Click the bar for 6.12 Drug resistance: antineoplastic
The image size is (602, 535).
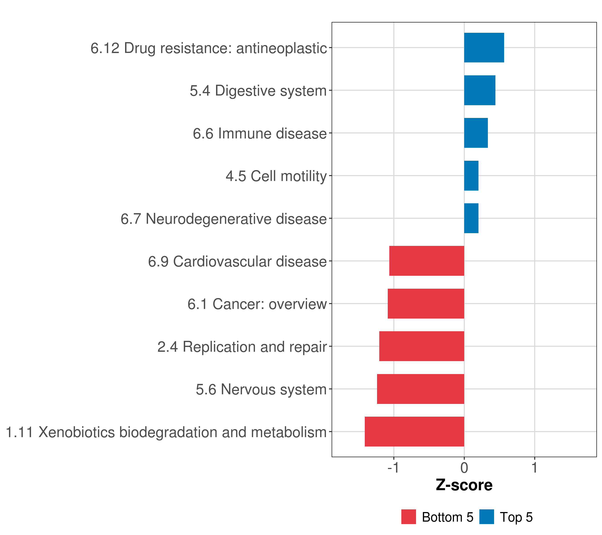(484, 47)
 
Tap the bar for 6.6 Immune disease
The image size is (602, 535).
(476, 133)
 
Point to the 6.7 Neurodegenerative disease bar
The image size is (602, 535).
(471, 218)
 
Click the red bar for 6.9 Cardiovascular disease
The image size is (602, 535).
(427, 261)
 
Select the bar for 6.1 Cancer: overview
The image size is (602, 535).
(426, 304)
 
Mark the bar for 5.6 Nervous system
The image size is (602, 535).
(420, 389)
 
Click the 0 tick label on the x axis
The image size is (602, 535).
(464, 468)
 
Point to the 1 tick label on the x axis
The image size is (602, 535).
(535, 468)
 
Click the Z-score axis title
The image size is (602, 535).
(464, 486)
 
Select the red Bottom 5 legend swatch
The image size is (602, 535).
(408, 517)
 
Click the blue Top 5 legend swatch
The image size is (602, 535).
(487, 517)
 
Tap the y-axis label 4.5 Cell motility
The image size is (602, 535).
(276, 176)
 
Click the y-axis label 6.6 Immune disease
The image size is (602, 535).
(260, 133)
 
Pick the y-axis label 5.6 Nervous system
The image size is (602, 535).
(261, 389)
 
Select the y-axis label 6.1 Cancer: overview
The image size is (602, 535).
(257, 304)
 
